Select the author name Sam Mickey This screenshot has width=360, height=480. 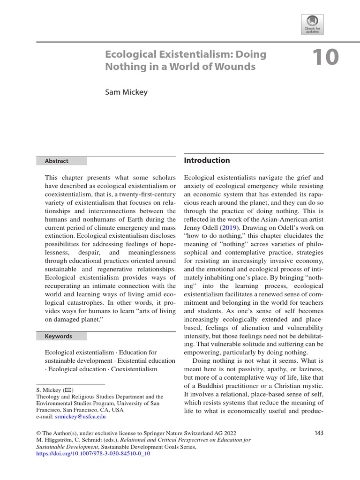point(126,92)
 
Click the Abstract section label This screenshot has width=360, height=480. point(56,161)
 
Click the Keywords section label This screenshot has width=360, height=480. point(58,336)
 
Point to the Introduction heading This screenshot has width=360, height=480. point(207,160)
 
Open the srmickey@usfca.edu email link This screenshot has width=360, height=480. point(80,416)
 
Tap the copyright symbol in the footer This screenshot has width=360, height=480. point(38,434)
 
